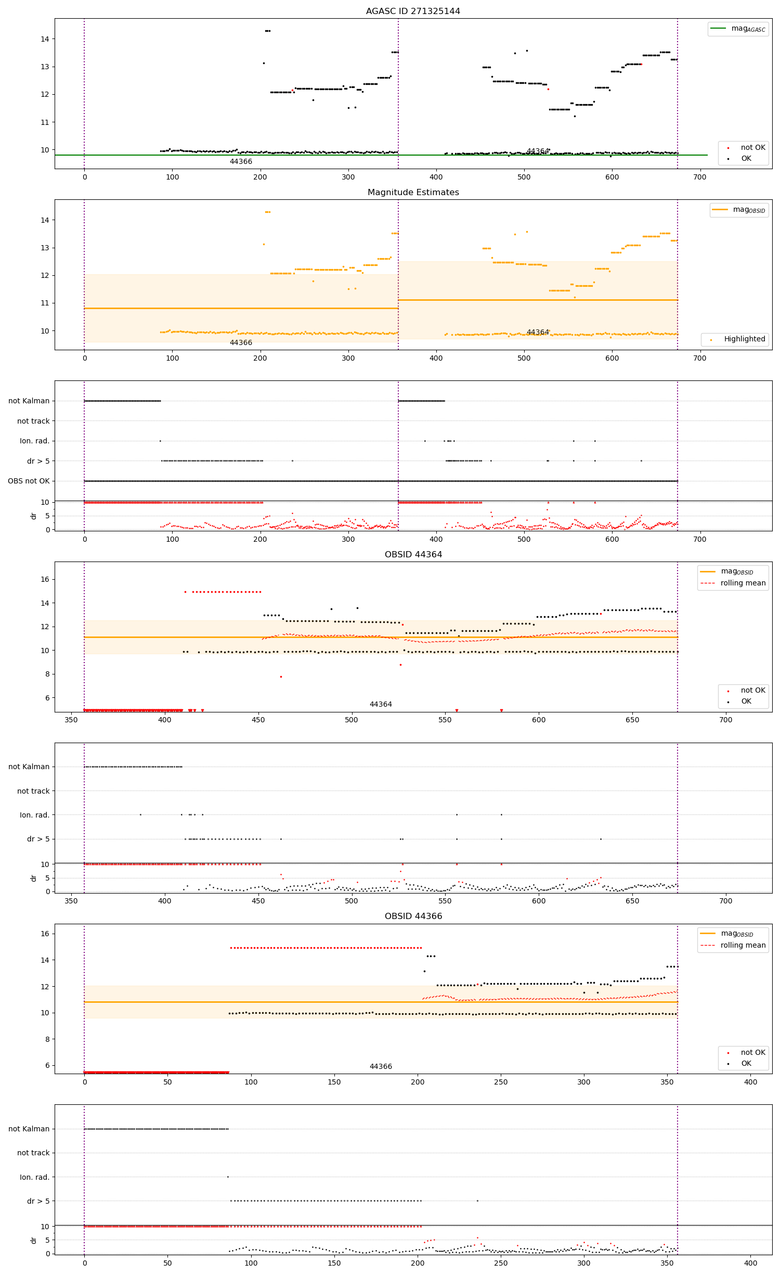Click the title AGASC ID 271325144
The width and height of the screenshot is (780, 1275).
413,11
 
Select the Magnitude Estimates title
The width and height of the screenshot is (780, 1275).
413,192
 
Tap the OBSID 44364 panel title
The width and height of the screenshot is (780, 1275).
413,554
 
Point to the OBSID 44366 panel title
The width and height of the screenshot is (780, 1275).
413,916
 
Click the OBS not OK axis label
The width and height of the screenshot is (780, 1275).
29,481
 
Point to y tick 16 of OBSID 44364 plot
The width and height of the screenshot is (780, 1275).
45,579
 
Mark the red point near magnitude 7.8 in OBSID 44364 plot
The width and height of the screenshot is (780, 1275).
281,677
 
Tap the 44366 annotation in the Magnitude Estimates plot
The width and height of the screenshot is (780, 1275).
241,342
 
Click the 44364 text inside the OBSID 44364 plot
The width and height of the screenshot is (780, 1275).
381,704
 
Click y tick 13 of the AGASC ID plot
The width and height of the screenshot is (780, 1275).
45,67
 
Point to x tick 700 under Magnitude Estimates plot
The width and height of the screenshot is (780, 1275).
700,358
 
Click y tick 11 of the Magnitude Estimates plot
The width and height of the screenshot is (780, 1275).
45,303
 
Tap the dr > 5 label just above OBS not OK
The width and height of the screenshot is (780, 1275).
38,461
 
